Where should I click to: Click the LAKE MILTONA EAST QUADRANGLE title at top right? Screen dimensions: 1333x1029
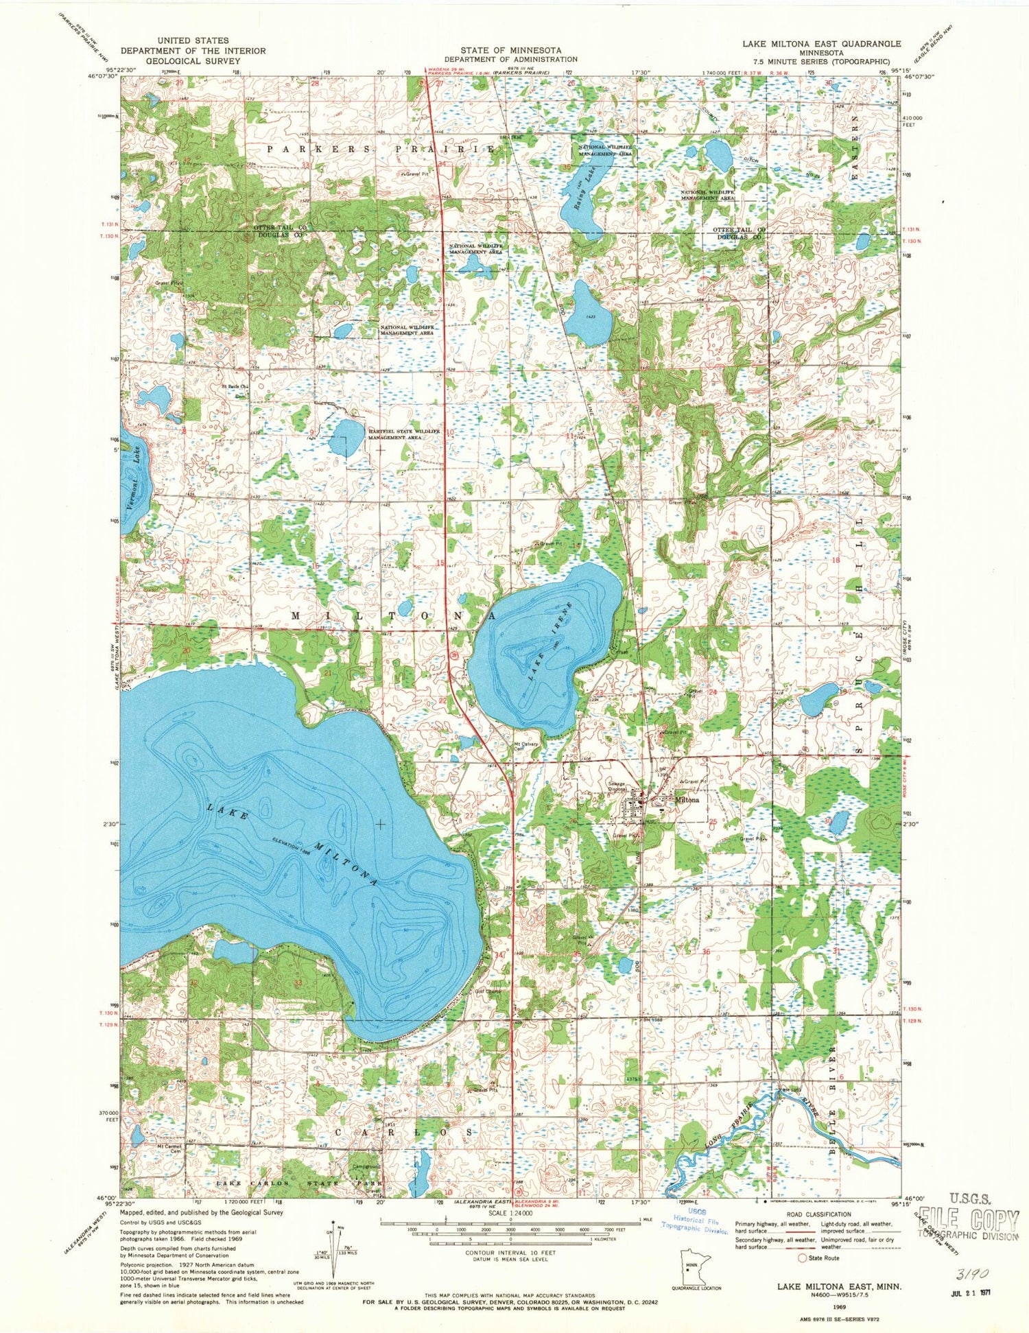821,43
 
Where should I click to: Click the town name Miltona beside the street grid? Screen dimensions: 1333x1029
687,800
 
